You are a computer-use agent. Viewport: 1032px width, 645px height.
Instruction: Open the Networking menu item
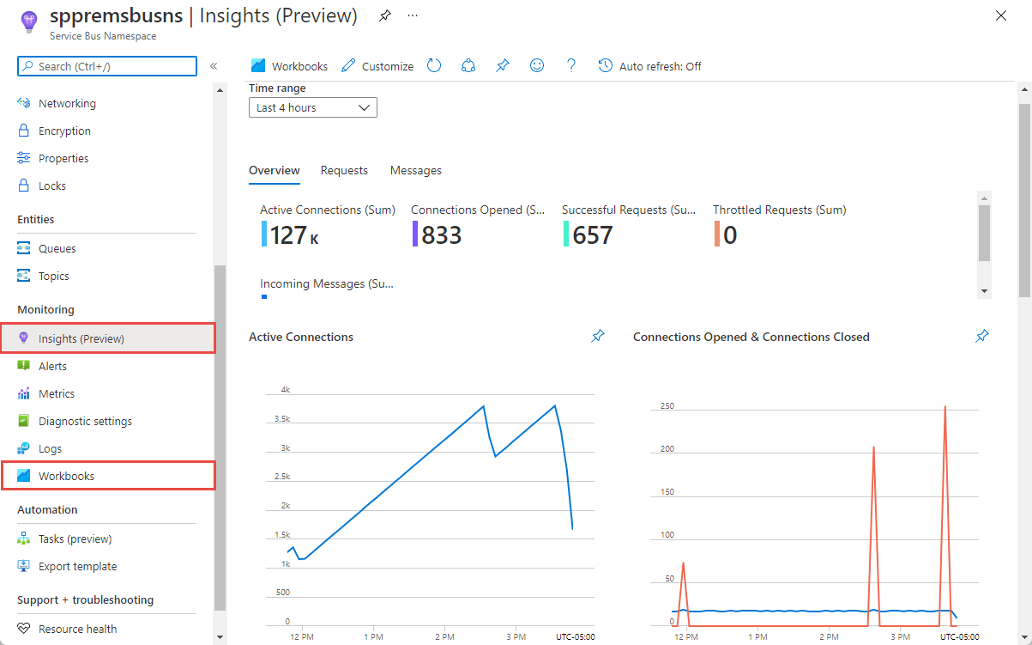[x=67, y=103]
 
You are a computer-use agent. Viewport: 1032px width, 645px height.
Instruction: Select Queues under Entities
[x=57, y=248]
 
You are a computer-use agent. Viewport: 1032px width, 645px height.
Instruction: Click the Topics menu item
[x=53, y=276]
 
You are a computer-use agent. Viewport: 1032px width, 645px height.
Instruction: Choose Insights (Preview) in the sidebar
[x=81, y=338]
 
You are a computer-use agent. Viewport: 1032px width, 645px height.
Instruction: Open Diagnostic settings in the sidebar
[x=85, y=421]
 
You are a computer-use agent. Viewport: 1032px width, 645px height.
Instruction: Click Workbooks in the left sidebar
[x=66, y=476]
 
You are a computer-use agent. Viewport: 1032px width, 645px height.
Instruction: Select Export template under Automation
[x=77, y=566]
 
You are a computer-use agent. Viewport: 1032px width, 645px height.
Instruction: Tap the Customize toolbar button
[x=377, y=66]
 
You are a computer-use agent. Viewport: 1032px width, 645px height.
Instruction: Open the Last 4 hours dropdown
[x=312, y=107]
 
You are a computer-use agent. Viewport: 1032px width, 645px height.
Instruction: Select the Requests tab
[x=344, y=170]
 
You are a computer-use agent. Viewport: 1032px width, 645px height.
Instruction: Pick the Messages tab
[x=415, y=170]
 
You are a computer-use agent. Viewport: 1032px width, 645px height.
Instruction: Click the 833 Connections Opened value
[x=441, y=234]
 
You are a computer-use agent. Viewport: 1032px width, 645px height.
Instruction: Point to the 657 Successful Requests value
[x=592, y=234]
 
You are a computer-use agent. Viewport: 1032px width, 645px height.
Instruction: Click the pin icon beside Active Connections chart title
[x=598, y=337]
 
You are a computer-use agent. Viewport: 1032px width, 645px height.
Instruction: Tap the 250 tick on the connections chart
[x=667, y=405]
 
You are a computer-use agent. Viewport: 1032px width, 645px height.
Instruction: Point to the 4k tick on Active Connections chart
[x=285, y=390]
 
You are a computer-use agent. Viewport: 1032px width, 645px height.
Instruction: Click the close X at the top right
[x=1000, y=15]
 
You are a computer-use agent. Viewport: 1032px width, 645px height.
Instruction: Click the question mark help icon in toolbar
[x=571, y=65]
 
